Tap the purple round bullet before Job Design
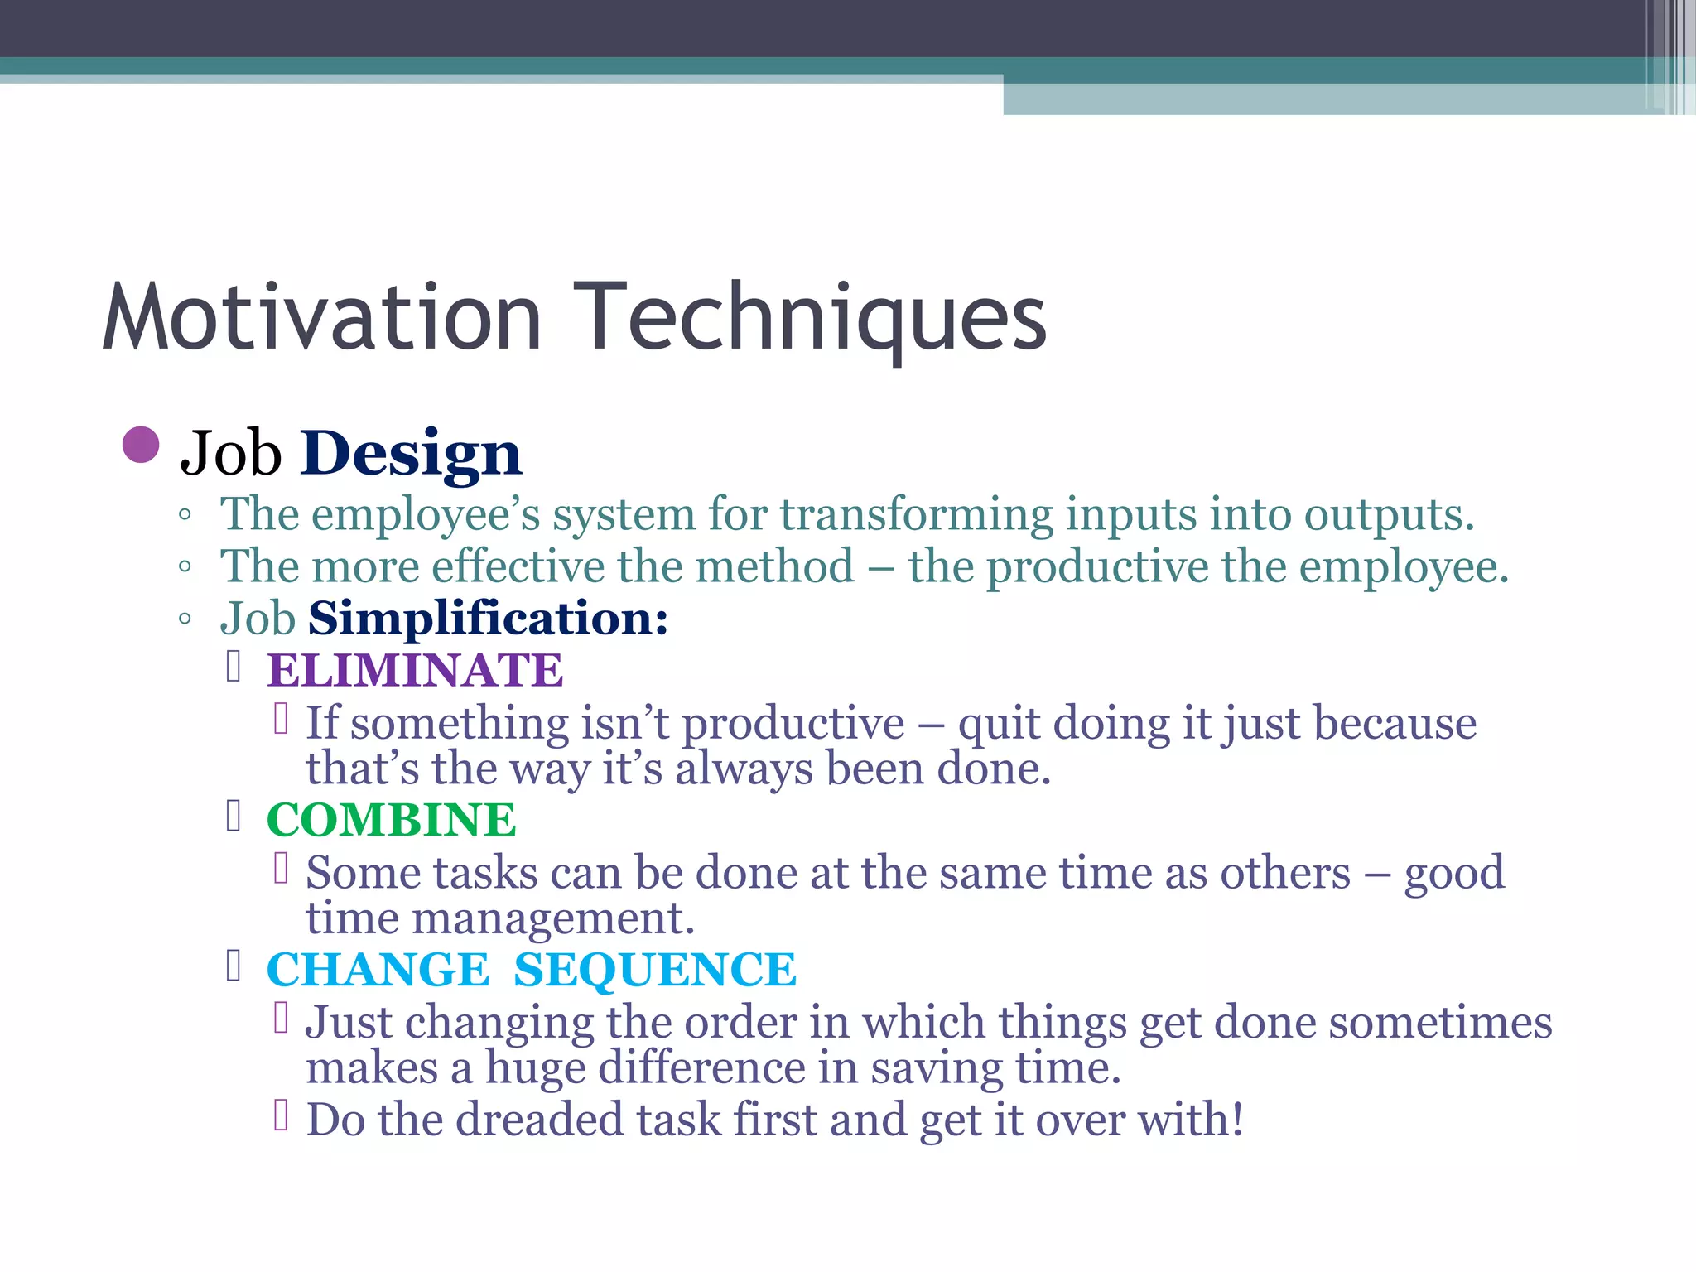pos(140,445)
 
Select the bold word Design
pos(411,454)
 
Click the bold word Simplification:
pos(488,619)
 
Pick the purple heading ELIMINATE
pos(415,670)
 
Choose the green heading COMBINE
pos(391,820)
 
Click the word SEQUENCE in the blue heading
pos(654,970)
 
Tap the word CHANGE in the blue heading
pos(378,970)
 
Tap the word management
pos(552,918)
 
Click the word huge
pos(534,1068)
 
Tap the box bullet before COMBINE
pos(234,817)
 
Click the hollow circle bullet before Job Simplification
pos(185,619)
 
